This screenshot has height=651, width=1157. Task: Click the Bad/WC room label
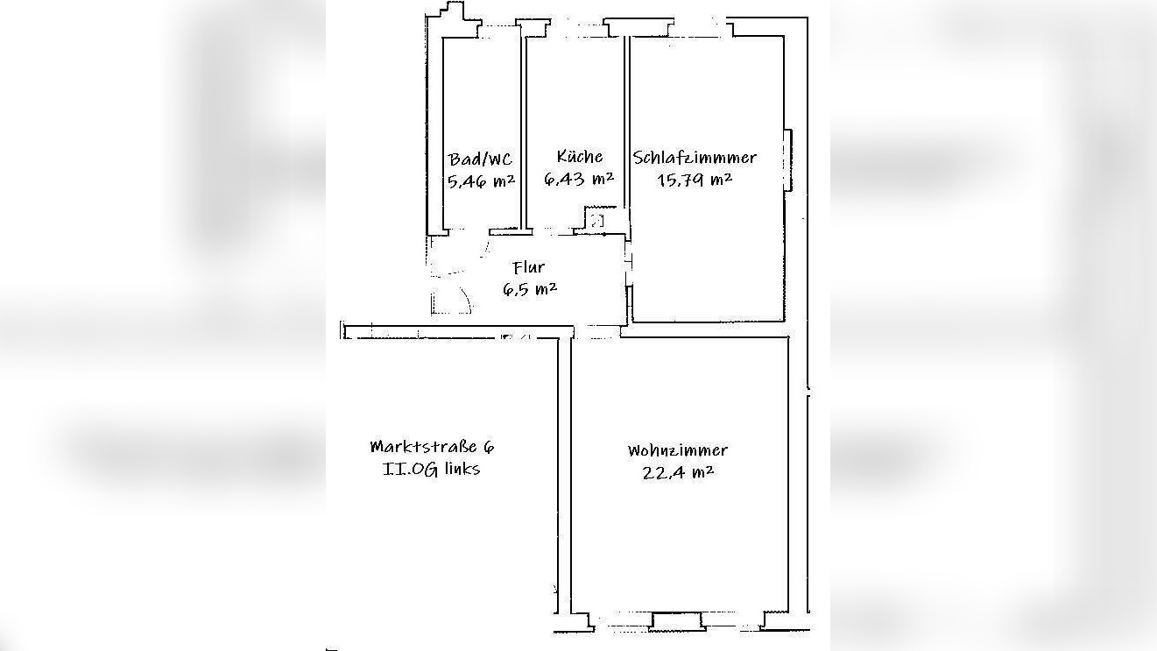[480, 159]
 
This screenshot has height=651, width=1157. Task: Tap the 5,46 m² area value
[480, 181]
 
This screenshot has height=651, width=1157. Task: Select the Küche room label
[579, 157]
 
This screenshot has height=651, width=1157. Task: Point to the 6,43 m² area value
[579, 179]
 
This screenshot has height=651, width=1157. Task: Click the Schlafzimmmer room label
[695, 158]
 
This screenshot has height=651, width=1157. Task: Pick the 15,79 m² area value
[695, 180]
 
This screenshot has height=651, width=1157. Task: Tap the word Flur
[529, 268]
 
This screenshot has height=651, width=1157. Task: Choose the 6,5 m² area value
[530, 289]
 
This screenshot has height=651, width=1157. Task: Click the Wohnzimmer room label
[677, 450]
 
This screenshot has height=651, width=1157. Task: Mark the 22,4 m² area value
[677, 472]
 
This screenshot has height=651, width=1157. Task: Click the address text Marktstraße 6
[432, 446]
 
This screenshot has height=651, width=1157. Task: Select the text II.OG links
[432, 468]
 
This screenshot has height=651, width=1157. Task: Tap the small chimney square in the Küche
[596, 221]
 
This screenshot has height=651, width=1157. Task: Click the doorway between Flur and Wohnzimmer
[596, 331]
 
